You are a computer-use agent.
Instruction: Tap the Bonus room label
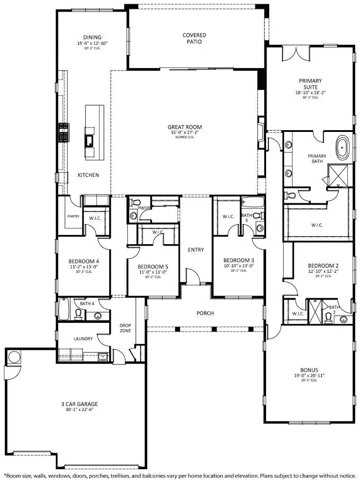[x=309, y=370]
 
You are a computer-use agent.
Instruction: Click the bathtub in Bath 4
[x=64, y=310]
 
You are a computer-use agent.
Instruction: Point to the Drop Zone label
[x=124, y=328]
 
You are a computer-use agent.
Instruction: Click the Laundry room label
[x=83, y=339]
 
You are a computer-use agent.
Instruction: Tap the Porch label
[x=205, y=313]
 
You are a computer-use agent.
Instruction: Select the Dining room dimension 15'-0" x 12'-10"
[x=92, y=43]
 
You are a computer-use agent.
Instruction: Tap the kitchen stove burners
[x=63, y=133]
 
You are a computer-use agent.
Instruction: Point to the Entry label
[x=195, y=250]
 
